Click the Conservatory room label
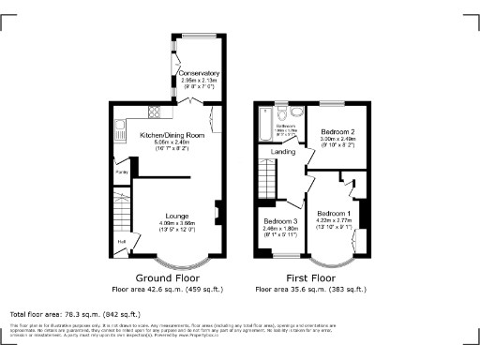pos(199,72)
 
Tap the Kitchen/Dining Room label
pos(172,136)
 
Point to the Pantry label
pos(121,172)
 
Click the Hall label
pos(121,240)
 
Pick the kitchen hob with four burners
pos(152,115)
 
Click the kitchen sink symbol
pos(119,128)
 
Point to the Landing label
pos(284,152)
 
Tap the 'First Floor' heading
pos(310,278)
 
